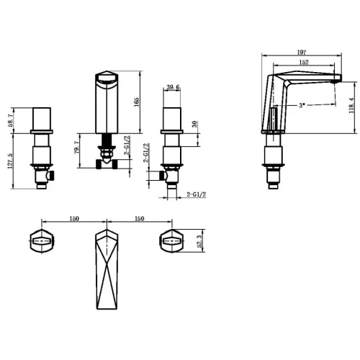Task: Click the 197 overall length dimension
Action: [x=302, y=52]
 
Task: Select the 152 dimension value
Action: [x=304, y=62]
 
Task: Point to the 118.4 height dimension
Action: [x=352, y=105]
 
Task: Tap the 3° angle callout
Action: [x=302, y=105]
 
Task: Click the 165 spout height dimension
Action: [x=136, y=102]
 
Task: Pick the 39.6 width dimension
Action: [x=173, y=87]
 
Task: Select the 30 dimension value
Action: [x=194, y=124]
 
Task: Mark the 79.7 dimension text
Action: [x=76, y=147]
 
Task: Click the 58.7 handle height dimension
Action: [x=11, y=120]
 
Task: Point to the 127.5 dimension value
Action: [x=10, y=161]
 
